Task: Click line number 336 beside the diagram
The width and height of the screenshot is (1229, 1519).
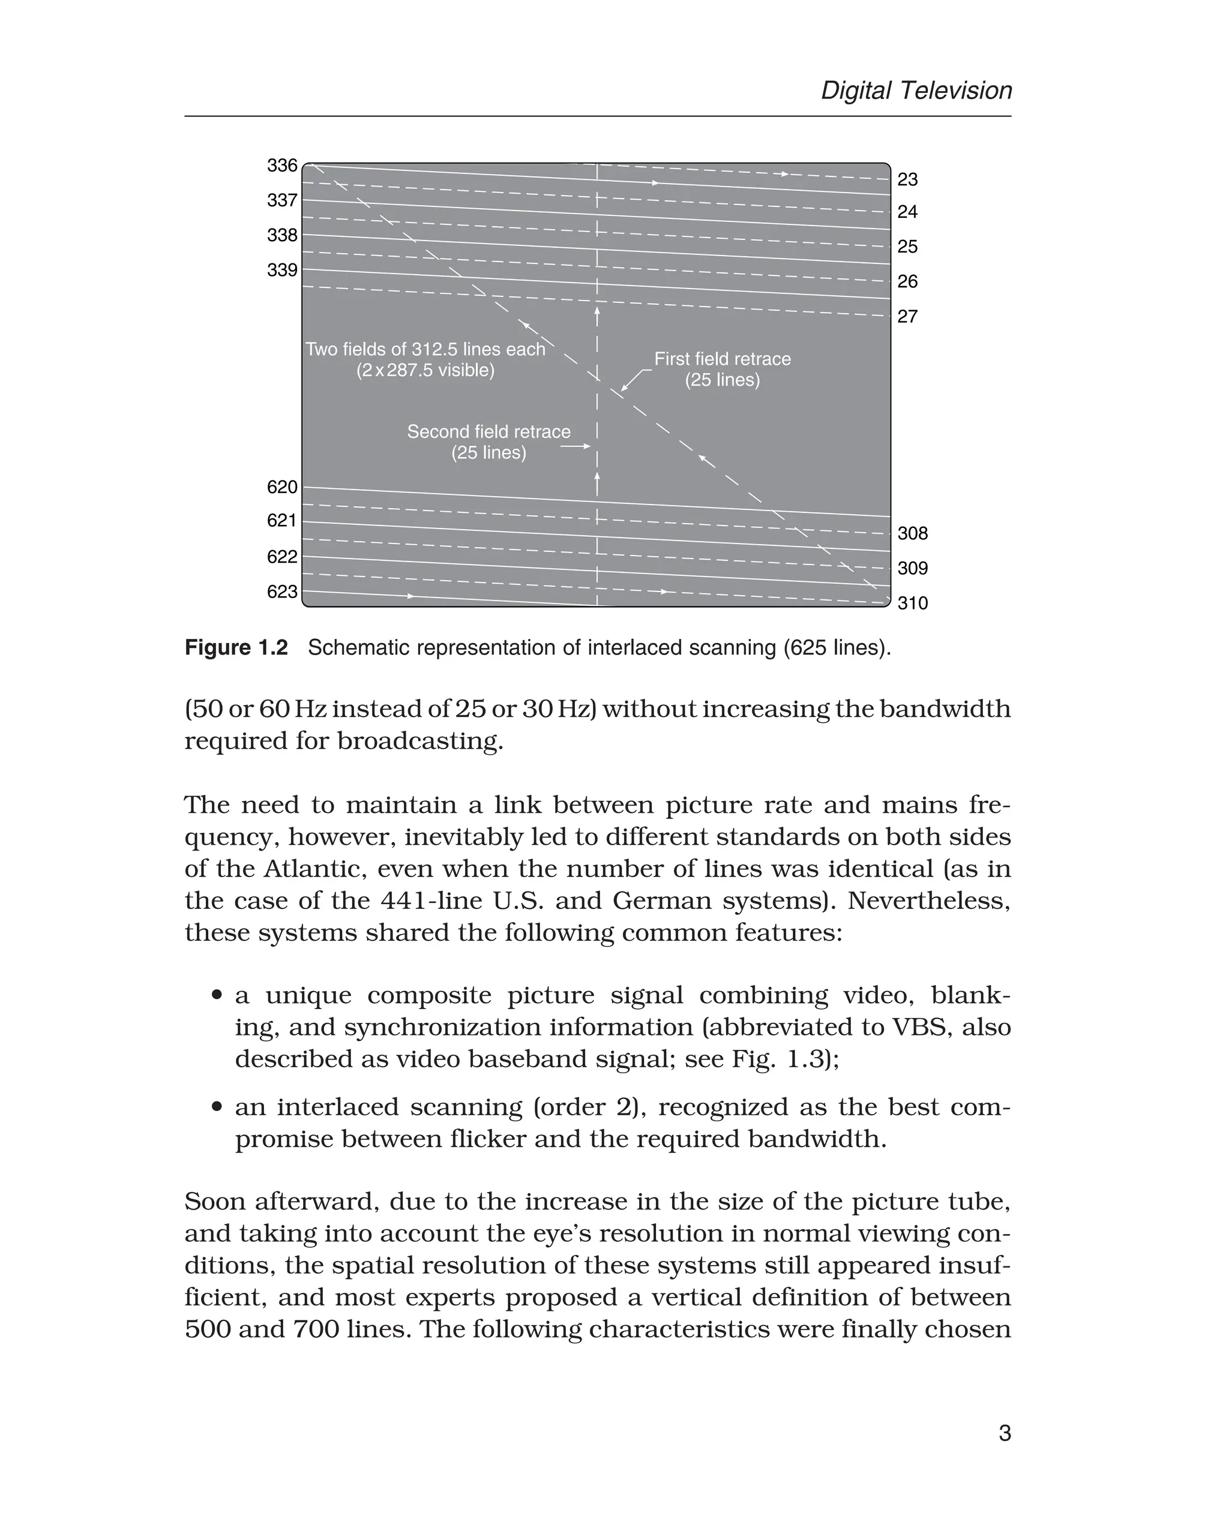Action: click(x=282, y=166)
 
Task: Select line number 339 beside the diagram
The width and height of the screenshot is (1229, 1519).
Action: click(x=282, y=271)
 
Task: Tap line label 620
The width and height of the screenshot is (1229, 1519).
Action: click(x=282, y=487)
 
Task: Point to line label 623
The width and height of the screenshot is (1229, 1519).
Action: click(x=282, y=592)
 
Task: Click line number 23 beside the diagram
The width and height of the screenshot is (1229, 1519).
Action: click(x=907, y=180)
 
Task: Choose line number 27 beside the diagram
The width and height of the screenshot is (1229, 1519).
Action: click(x=907, y=316)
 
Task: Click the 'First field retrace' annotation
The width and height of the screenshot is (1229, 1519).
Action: click(x=722, y=359)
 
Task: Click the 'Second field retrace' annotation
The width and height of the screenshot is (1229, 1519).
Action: click(x=488, y=433)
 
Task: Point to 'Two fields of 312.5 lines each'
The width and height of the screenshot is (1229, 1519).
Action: click(x=425, y=350)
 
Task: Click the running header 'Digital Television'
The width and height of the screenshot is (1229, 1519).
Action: click(x=916, y=91)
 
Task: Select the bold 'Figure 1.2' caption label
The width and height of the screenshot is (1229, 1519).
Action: click(x=236, y=648)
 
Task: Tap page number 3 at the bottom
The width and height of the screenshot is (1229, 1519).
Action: click(x=1004, y=1433)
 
